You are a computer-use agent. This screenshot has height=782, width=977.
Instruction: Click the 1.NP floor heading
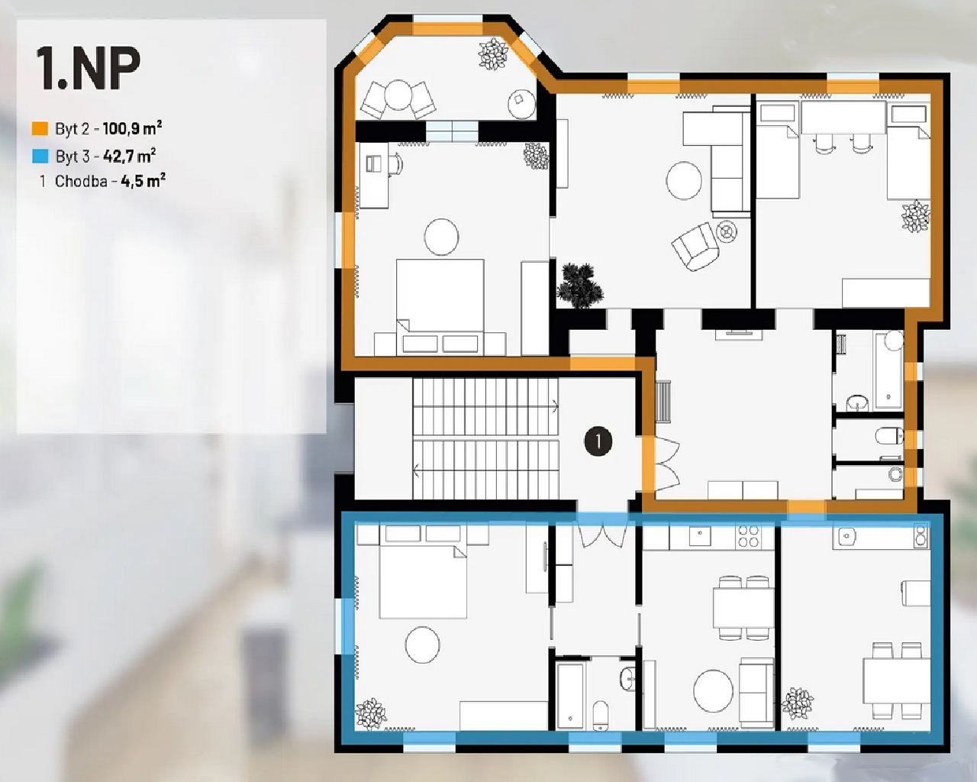point(88,68)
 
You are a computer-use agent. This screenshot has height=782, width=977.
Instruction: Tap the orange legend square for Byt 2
point(40,128)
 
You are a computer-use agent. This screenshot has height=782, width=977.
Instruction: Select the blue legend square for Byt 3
point(40,157)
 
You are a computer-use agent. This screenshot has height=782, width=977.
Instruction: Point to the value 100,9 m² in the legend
point(132,128)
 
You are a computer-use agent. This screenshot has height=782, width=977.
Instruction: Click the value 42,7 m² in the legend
point(130,156)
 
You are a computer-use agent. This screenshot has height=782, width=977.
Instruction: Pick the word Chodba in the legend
point(81,181)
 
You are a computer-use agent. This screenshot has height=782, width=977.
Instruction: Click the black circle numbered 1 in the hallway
point(598,441)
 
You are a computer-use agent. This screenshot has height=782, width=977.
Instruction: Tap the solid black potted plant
point(580,286)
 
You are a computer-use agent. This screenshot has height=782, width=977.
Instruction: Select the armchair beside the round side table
point(695,247)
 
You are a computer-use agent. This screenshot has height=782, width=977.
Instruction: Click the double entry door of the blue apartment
point(601,535)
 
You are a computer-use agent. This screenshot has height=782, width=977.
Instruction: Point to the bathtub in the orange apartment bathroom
point(889,370)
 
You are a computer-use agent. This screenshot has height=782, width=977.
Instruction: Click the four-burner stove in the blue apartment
point(748,536)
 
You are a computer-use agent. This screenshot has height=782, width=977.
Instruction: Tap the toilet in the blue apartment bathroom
point(601,716)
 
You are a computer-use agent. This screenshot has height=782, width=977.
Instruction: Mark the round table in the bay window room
point(398,95)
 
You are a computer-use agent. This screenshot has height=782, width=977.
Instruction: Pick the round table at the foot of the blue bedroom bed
point(422,645)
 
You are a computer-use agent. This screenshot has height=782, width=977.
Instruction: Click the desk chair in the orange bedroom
point(396,163)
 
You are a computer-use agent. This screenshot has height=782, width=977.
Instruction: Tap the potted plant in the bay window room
point(493,54)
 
